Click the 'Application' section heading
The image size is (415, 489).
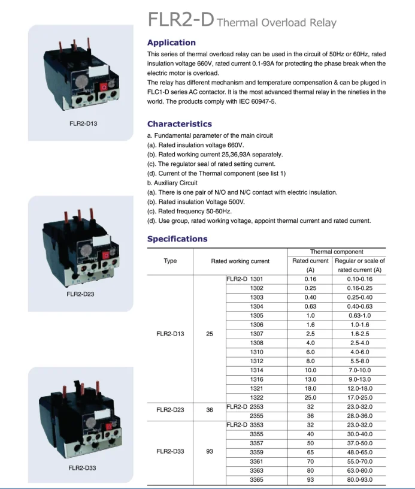(171, 43)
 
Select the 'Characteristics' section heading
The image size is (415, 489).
(179, 124)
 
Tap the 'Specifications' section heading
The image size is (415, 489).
(177, 239)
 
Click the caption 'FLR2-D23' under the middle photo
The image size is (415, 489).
(80, 294)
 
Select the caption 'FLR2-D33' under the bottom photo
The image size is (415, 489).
(80, 467)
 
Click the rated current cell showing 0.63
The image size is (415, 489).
(310, 306)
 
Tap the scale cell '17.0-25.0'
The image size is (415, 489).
(360, 398)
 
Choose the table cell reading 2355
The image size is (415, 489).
(256, 416)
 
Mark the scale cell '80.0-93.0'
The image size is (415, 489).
(360, 479)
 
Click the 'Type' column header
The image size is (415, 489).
(170, 261)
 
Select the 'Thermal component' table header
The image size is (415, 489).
(337, 252)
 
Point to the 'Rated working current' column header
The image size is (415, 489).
(240, 261)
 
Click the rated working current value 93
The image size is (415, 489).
(210, 452)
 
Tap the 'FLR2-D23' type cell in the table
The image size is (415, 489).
(170, 411)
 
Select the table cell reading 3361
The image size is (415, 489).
(256, 462)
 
